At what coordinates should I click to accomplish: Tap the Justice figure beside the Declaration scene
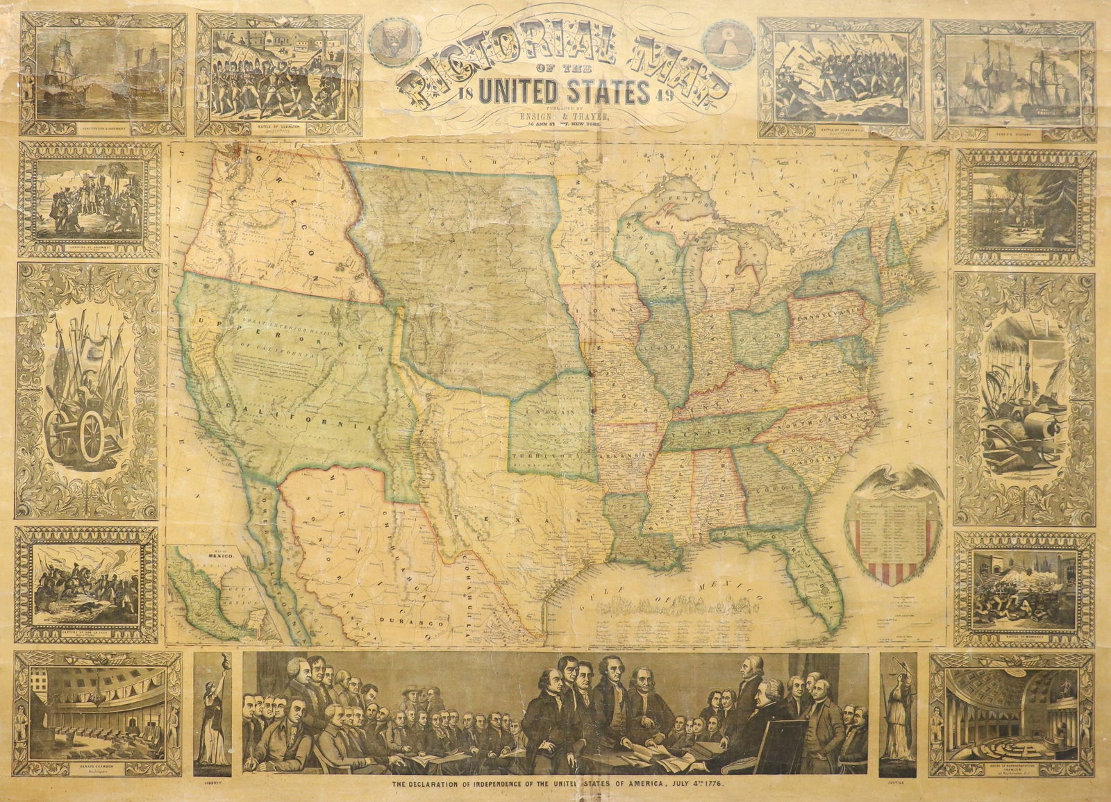pos(896,712)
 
